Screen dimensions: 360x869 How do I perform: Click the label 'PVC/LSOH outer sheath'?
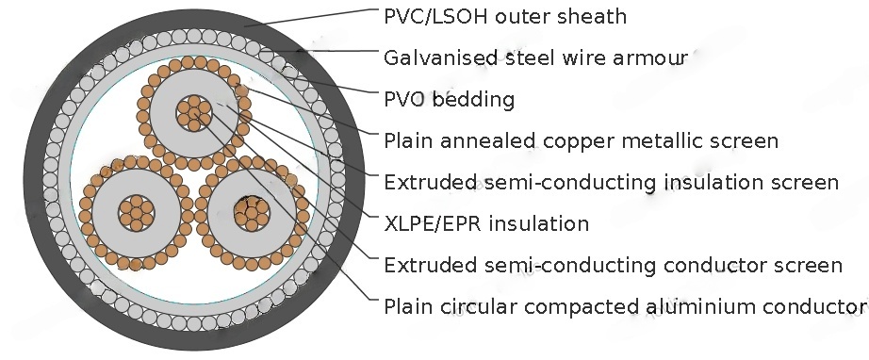(505, 17)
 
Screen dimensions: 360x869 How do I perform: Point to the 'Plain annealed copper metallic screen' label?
(582, 141)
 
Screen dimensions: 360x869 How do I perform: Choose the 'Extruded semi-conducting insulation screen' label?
(611, 182)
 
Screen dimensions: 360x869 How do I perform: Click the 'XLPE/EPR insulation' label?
(486, 223)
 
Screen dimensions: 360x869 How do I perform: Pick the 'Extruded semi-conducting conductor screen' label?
(613, 265)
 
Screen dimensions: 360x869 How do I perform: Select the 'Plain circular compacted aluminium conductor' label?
(625, 306)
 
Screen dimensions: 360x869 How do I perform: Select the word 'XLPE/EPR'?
(429, 223)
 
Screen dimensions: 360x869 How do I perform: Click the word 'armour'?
(657, 58)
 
